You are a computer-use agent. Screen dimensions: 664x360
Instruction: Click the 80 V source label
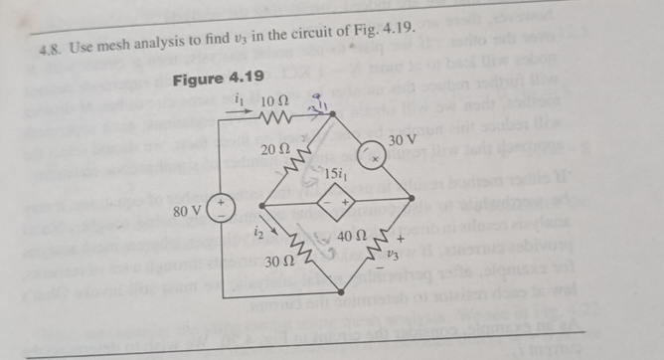[190, 211]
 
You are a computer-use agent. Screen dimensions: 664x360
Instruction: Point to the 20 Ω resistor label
[276, 150]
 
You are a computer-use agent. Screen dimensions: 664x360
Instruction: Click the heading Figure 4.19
[219, 78]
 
